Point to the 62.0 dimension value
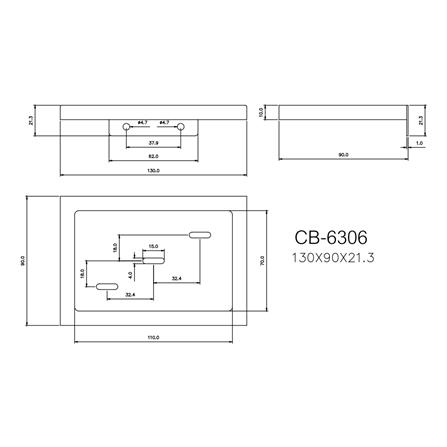tap(153, 155)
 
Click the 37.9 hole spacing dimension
tap(153, 141)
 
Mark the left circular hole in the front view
tap(125, 127)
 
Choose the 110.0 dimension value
tap(153, 337)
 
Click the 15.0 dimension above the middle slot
tap(153, 245)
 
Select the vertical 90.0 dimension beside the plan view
tap(23, 262)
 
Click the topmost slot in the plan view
tap(199, 233)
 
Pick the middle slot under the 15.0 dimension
tap(152, 256)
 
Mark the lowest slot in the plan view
tap(106, 287)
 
